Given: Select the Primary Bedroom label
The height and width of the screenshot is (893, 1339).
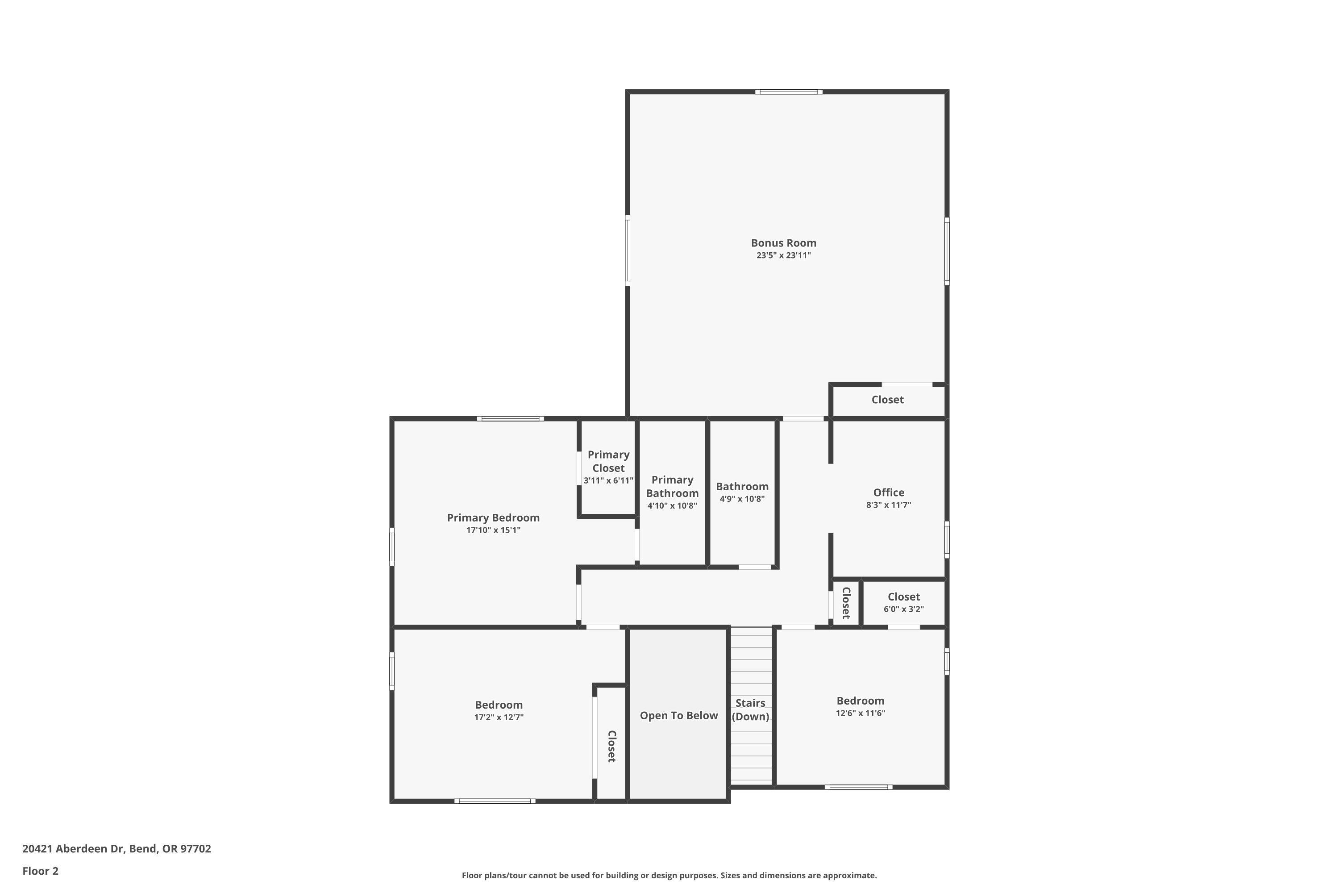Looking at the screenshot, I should [x=493, y=517].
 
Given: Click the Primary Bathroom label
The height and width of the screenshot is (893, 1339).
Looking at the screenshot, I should [x=672, y=486].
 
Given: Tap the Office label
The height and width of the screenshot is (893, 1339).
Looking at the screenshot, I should [x=889, y=492].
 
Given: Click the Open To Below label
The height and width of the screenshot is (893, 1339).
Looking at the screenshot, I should [x=678, y=716].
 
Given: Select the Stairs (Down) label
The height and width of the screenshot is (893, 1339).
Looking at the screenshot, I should [x=750, y=709].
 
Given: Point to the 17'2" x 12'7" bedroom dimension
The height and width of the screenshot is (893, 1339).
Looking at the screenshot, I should [x=499, y=718].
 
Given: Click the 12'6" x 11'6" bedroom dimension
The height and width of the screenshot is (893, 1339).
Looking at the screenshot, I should [x=860, y=714].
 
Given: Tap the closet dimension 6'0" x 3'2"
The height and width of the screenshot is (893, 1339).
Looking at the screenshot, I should [x=903, y=609].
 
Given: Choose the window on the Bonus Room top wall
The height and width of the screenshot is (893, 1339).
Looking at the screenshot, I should [x=789, y=92].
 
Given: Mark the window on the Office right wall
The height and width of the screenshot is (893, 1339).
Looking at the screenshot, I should [x=947, y=539].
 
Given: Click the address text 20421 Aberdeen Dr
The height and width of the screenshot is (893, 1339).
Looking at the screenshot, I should [x=116, y=849].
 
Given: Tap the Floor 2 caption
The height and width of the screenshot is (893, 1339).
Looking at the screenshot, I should [x=41, y=871].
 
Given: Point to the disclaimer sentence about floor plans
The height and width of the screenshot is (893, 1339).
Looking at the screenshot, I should [x=669, y=875].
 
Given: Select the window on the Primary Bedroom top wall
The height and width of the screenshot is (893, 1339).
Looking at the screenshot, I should [x=510, y=419].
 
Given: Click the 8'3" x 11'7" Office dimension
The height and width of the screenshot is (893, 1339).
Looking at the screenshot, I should [x=889, y=505].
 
